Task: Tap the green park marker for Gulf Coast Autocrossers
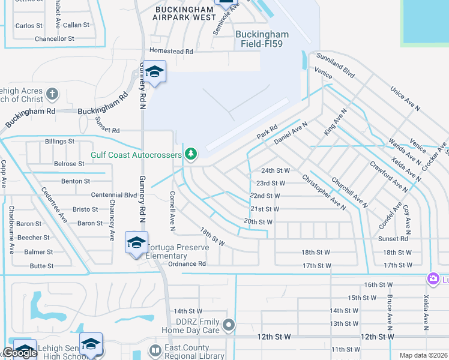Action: (x=191, y=155)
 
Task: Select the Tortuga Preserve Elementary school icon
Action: (x=136, y=243)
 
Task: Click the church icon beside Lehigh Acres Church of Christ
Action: (x=52, y=94)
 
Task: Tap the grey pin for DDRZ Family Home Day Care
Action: (x=228, y=325)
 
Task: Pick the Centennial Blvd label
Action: (x=114, y=195)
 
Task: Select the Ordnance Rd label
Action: (x=187, y=264)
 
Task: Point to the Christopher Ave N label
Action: (x=324, y=192)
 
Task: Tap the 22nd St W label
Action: (x=265, y=196)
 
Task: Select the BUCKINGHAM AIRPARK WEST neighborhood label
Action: (x=184, y=14)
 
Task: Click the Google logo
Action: (x=20, y=353)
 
